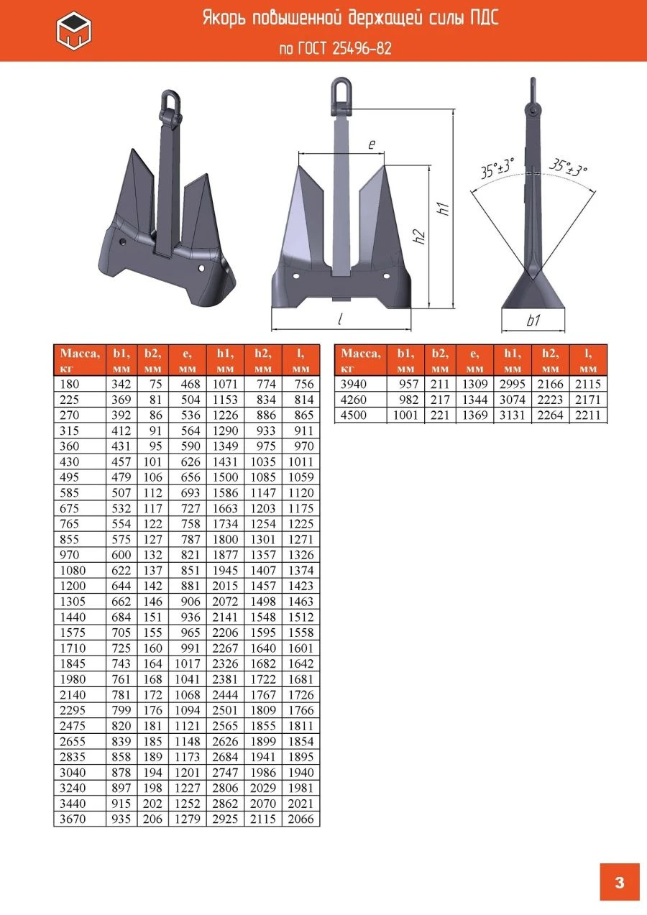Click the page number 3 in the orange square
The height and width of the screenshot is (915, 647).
[620, 882]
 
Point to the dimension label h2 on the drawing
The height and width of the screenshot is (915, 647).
[420, 236]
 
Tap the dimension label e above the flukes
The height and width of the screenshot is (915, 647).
[372, 144]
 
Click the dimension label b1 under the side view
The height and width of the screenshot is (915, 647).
[533, 321]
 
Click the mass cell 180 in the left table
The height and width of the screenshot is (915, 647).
[69, 384]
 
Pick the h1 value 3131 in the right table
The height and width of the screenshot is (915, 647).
[511, 415]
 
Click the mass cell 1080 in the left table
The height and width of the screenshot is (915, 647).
[73, 571]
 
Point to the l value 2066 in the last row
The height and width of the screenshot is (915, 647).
[300, 819]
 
